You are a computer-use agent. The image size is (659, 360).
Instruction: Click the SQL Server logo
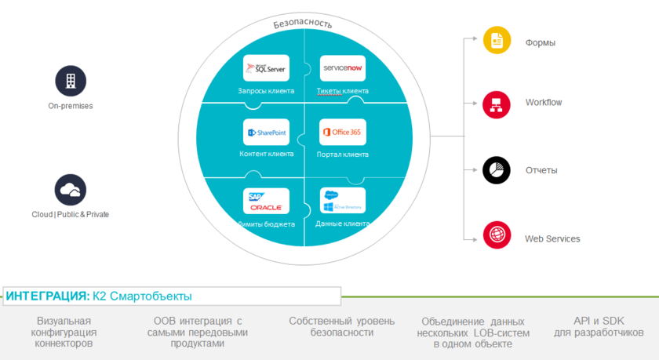[266, 69]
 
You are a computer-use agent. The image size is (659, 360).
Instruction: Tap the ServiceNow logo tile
[343, 69]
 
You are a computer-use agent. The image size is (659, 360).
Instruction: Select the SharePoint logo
[266, 133]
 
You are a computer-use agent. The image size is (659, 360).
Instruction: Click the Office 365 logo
[343, 133]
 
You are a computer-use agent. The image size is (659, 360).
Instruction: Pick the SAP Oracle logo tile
[266, 201]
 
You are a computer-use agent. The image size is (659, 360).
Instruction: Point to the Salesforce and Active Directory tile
[343, 201]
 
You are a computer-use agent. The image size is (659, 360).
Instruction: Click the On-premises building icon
[71, 81]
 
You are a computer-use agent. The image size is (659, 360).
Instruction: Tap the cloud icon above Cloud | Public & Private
[71, 190]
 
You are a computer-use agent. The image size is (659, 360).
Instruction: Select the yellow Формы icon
[497, 40]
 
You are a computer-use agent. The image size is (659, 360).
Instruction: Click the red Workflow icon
[497, 103]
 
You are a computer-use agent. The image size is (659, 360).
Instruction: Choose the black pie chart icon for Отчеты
[497, 169]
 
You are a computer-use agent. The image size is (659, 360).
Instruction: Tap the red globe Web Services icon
[497, 235]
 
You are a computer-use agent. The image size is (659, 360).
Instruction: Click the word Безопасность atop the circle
[303, 22]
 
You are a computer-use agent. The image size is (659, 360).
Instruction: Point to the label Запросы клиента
[266, 91]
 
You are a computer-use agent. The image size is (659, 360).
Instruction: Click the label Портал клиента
[343, 154]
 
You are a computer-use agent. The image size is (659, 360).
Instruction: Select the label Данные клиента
[343, 224]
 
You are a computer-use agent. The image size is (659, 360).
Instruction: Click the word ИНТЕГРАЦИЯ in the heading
[47, 296]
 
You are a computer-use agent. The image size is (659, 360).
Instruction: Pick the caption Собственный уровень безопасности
[330, 326]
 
